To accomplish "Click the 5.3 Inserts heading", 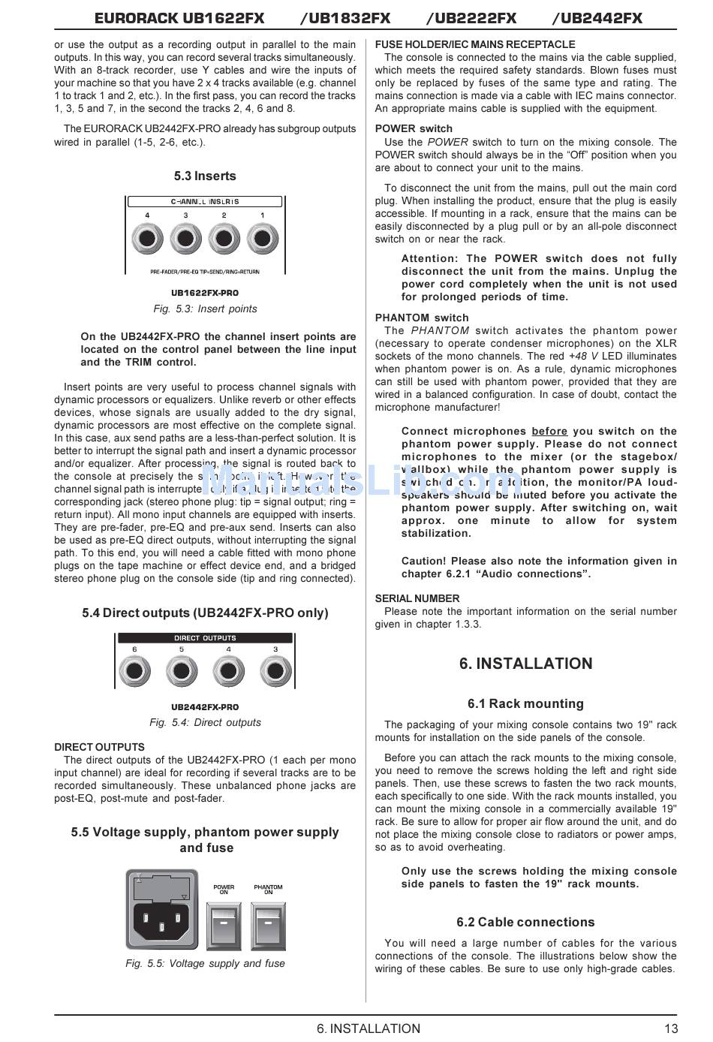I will pyautogui.click(x=205, y=176).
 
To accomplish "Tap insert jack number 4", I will pyautogui.click(x=147, y=240).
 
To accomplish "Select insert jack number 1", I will pyautogui.click(x=262, y=240).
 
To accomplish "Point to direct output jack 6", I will pyautogui.click(x=134, y=671).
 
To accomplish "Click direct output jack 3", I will pyautogui.click(x=275, y=671).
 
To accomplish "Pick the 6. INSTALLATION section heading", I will pyautogui.click(x=525, y=664).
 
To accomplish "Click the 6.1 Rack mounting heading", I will pyautogui.click(x=525, y=704).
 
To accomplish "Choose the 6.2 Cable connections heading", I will pyautogui.click(x=525, y=923).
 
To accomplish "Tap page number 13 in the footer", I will pyautogui.click(x=670, y=1028).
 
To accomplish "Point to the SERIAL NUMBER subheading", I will pyautogui.click(x=417, y=598).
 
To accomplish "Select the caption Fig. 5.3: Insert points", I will pyautogui.click(x=205, y=309).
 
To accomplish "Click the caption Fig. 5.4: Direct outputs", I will pyautogui.click(x=205, y=722).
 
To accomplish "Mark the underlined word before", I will pyautogui.click(x=549, y=432).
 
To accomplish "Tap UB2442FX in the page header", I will pyautogui.click(x=597, y=18).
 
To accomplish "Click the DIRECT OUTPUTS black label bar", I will pyautogui.click(x=205, y=638).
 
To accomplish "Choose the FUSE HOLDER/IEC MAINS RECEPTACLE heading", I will pyautogui.click(x=475, y=44).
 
